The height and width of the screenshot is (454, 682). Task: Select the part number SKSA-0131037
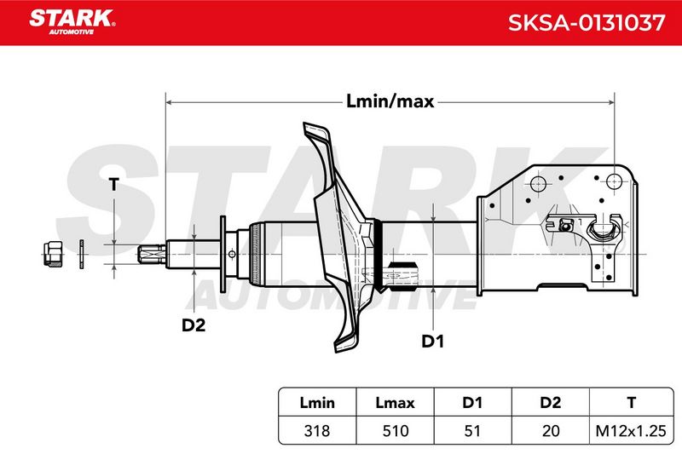587,23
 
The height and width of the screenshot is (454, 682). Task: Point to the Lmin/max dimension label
390,101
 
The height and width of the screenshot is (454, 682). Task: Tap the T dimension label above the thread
113,184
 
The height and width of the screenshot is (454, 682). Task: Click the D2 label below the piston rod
194,325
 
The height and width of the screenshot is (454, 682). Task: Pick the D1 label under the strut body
433,342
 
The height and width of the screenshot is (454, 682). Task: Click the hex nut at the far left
53,254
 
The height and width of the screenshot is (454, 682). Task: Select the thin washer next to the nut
81,254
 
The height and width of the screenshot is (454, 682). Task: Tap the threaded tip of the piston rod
152,254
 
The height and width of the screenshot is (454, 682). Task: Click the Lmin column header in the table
317,402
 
